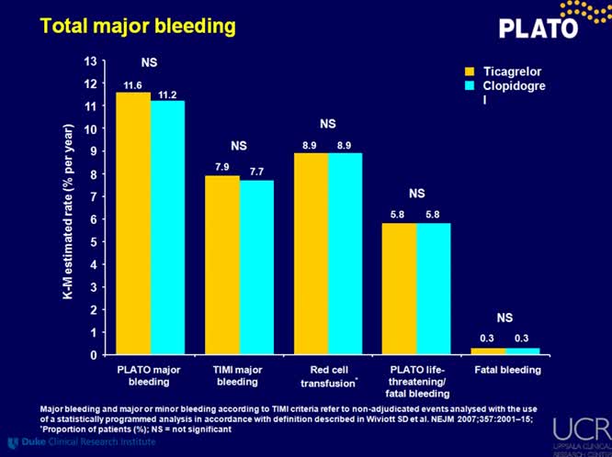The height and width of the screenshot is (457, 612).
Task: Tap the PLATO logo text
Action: tap(538, 28)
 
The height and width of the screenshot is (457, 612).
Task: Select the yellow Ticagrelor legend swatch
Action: tap(468, 71)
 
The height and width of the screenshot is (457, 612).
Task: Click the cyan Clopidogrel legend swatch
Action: tap(468, 85)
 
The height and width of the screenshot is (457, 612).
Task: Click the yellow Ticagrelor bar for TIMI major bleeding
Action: tap(221, 265)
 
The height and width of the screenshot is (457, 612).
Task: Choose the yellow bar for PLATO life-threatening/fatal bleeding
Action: tap(398, 288)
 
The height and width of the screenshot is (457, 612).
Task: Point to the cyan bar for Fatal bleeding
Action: tap(522, 351)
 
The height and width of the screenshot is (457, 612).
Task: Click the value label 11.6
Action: tap(132, 85)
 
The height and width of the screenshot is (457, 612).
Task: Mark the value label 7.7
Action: tap(256, 172)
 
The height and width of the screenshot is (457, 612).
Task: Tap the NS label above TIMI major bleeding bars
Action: tap(239, 145)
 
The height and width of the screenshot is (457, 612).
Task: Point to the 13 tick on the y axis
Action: tap(90, 61)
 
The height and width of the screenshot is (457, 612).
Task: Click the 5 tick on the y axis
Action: tap(93, 242)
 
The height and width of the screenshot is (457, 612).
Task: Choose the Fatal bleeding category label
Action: tap(506, 370)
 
